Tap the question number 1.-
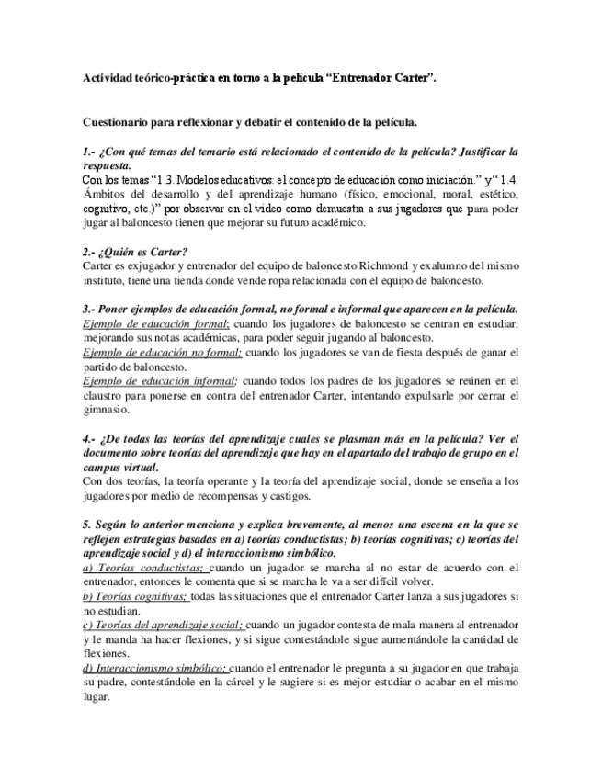tap(88, 152)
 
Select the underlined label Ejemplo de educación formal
tap(154, 324)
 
